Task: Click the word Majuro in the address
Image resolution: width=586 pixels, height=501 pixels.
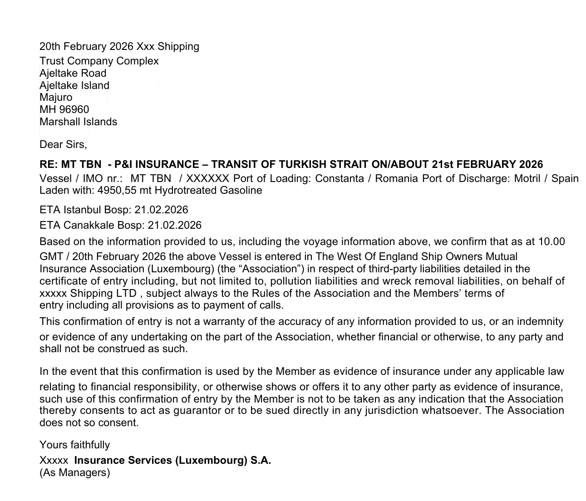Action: pyautogui.click(x=56, y=98)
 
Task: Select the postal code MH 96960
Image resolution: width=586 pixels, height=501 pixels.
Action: pyautogui.click(x=64, y=110)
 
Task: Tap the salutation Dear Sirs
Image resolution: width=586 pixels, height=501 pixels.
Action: pyautogui.click(x=63, y=145)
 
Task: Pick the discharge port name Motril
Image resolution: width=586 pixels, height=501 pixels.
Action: pyautogui.click(x=528, y=178)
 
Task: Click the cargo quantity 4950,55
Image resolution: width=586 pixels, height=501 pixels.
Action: pyautogui.click(x=113, y=191)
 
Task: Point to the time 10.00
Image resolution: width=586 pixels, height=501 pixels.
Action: pyautogui.click(x=552, y=241)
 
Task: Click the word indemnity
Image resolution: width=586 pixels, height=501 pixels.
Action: pyautogui.click(x=539, y=322)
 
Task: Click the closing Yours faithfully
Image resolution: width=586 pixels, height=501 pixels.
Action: pyautogui.click(x=74, y=445)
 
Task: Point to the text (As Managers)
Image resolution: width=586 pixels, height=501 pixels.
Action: pyautogui.click(x=74, y=473)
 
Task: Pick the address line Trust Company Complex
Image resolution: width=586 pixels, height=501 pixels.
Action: pyautogui.click(x=99, y=61)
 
